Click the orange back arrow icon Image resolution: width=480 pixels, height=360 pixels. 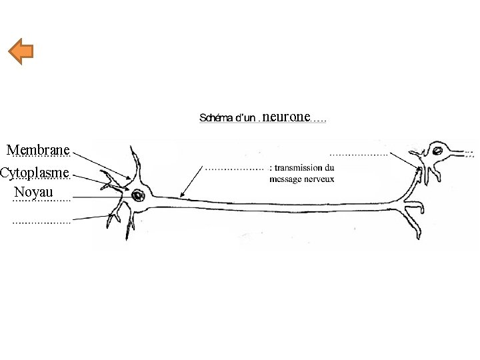22,52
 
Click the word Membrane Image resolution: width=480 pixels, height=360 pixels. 38,149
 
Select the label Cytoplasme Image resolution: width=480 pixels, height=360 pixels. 35,173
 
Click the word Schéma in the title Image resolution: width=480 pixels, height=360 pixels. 214,119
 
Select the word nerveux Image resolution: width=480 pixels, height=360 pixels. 321,179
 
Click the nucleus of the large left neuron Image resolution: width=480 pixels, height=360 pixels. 139,196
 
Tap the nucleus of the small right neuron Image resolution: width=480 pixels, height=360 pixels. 439,151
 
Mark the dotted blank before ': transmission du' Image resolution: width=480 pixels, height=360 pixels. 233,168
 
